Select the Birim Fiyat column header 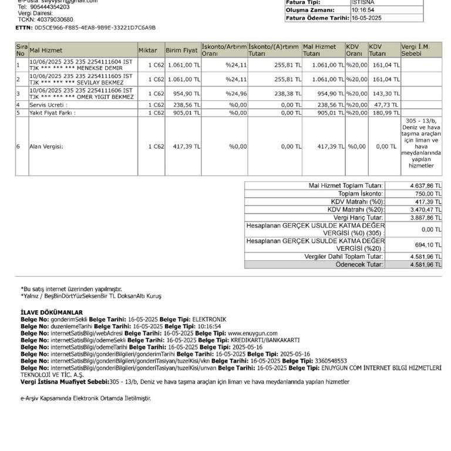pos(181,51)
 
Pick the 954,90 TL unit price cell pos(184,93)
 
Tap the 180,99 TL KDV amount pos(386,112)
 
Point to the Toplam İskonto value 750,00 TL pos(427,193)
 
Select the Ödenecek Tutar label pos(360,265)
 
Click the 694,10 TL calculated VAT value pos(427,245)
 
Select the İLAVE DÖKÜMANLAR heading pos(52,312)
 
